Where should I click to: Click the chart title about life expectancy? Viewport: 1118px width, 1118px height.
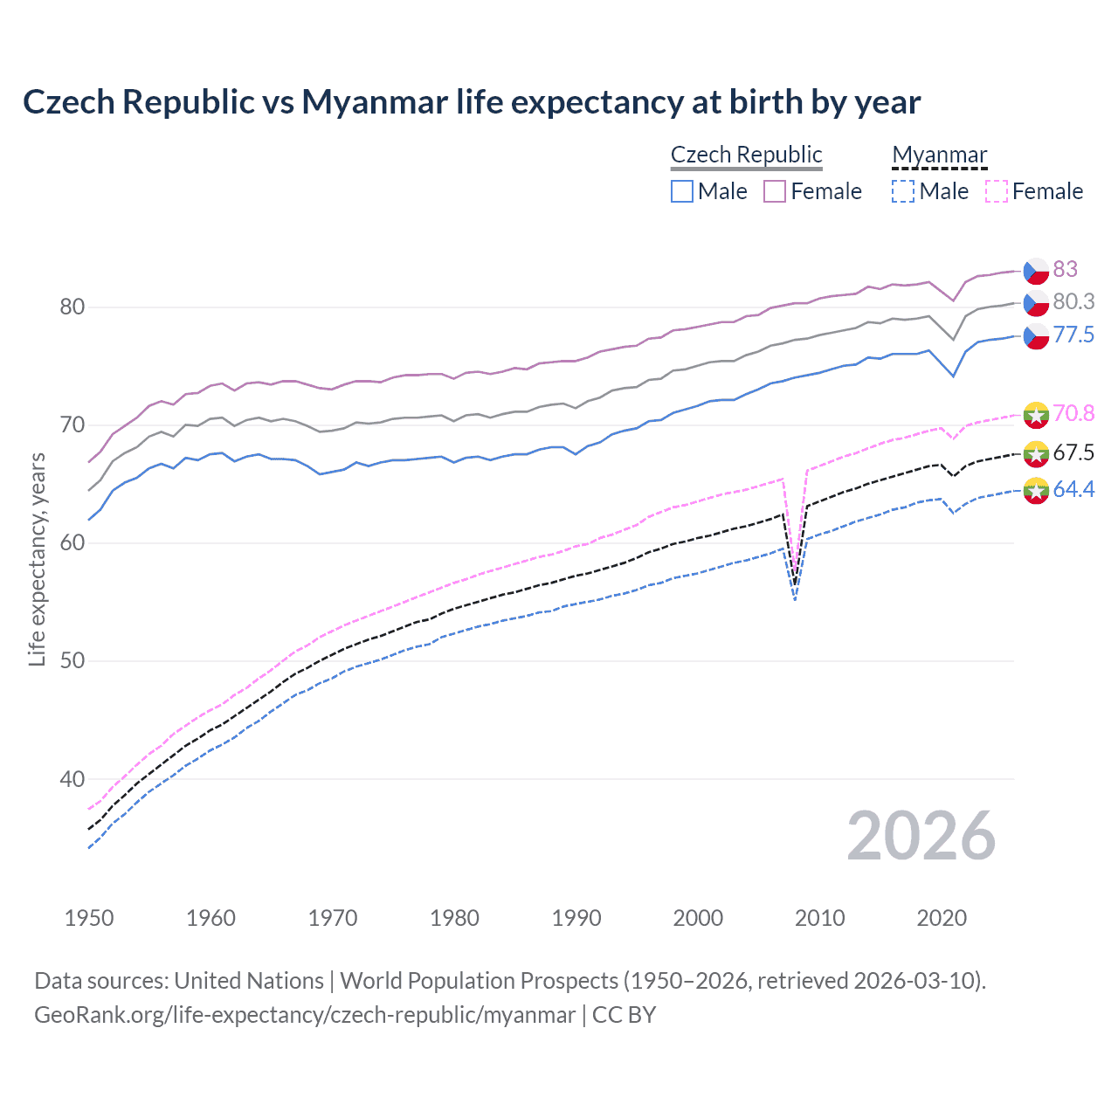[472, 102]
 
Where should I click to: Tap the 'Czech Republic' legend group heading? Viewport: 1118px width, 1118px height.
[746, 155]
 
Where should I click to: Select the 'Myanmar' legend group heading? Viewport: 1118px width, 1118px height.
[939, 155]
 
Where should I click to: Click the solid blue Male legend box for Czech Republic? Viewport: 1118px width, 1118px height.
[682, 191]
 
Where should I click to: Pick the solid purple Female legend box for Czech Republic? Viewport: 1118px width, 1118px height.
[775, 191]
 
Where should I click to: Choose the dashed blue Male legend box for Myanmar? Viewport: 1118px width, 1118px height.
[903, 191]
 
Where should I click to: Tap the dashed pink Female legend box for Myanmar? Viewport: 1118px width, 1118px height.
[997, 191]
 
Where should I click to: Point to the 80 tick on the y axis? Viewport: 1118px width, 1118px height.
[72, 307]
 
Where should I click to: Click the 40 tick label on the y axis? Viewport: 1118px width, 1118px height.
[72, 779]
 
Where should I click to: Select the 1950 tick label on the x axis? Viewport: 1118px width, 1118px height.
[89, 918]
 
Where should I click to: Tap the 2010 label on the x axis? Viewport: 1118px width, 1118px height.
[819, 918]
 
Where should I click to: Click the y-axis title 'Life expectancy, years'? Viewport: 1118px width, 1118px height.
[37, 559]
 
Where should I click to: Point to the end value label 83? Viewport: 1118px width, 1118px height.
[1065, 269]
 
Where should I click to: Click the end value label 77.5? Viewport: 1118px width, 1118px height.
[1073, 335]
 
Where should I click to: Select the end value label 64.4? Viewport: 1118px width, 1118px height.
[1073, 490]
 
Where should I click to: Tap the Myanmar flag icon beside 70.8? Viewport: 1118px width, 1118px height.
[1036, 414]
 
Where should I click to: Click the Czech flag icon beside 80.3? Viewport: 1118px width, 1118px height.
[1036, 303]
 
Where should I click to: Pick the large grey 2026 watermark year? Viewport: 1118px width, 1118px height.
[921, 836]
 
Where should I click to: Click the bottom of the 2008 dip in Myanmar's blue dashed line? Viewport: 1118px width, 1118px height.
[795, 600]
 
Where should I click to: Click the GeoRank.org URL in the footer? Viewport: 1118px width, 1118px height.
[305, 1015]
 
